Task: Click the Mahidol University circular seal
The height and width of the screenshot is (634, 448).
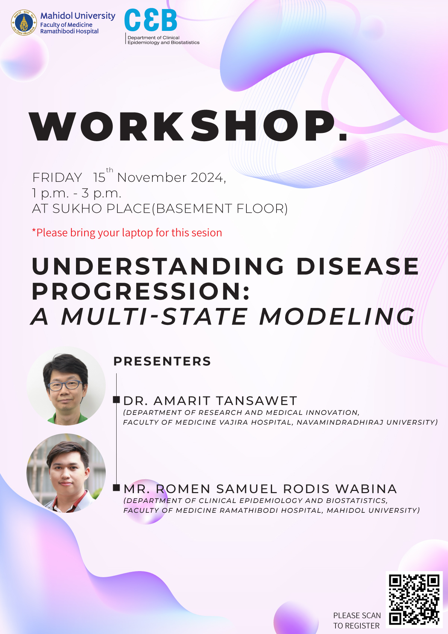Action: pyautogui.click(x=24, y=23)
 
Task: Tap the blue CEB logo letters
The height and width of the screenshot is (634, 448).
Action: pyautogui.click(x=150, y=20)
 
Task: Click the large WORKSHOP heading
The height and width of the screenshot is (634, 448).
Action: pyautogui.click(x=188, y=126)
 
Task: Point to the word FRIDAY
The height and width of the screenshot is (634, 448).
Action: pyautogui.click(x=57, y=178)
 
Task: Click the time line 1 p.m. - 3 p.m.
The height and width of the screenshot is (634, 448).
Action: pyautogui.click(x=77, y=193)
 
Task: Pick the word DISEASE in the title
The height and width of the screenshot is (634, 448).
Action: pyautogui.click(x=358, y=266)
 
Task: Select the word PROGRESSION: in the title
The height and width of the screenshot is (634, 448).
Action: pyautogui.click(x=141, y=291)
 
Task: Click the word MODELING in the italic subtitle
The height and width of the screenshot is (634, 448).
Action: pyautogui.click(x=337, y=316)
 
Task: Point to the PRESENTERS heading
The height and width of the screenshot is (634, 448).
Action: pyautogui.click(x=162, y=361)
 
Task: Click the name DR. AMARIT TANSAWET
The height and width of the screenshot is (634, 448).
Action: pyautogui.click(x=210, y=401)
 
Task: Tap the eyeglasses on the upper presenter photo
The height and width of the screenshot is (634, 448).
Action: pyautogui.click(x=65, y=385)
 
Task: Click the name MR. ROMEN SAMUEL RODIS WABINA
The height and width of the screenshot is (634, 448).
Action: pyautogui.click(x=260, y=489)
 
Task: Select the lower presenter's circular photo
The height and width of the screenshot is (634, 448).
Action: pyautogui.click(x=66, y=473)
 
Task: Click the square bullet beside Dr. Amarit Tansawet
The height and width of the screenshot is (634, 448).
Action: pyautogui.click(x=116, y=400)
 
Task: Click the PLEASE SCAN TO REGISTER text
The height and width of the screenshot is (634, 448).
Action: pyautogui.click(x=357, y=620)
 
